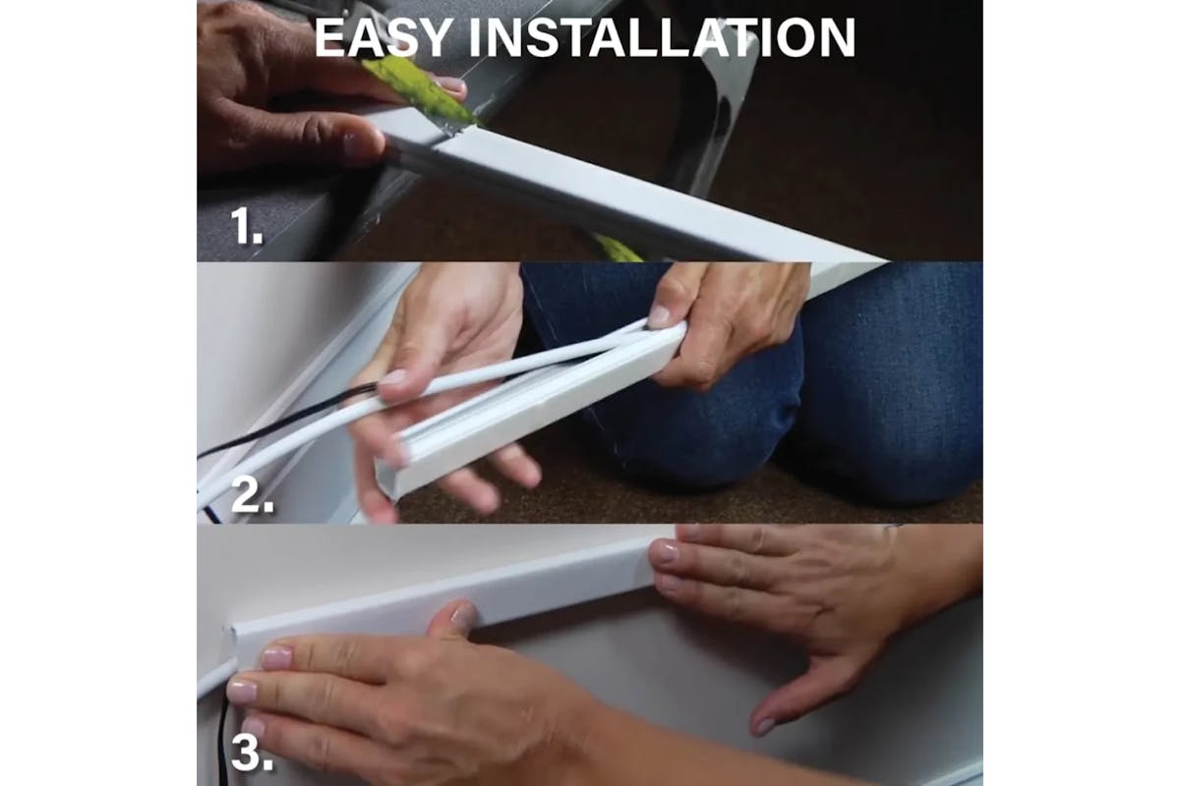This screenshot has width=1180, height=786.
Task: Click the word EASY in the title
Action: coord(383,38)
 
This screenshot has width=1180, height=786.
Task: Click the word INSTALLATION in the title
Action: coord(662,38)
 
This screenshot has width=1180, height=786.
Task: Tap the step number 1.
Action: coord(247,226)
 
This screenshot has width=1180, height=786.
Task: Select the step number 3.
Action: coord(253,754)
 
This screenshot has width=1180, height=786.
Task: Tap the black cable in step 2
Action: coord(284,421)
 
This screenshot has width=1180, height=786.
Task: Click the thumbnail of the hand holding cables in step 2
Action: coord(658,315)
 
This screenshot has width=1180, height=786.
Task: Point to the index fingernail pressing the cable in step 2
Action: coord(392,378)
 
